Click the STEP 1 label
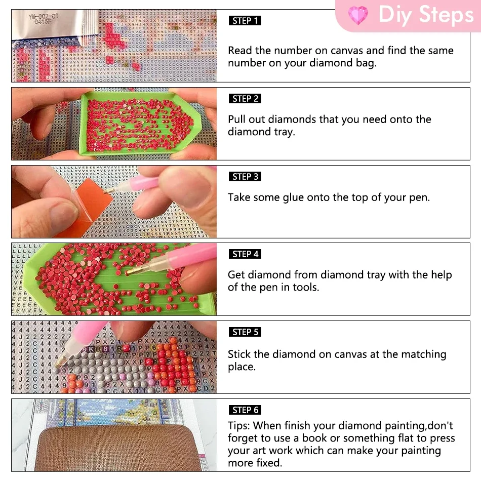pyautogui.click(x=245, y=21)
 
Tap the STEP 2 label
pyautogui.click(x=245, y=98)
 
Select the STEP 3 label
pyautogui.click(x=245, y=176)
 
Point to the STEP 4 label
pyautogui.click(x=245, y=254)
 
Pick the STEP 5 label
pyautogui.click(x=245, y=332)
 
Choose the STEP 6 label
pyautogui.click(x=245, y=410)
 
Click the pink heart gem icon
pyautogui.click(x=357, y=15)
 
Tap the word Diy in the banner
pyautogui.click(x=395, y=15)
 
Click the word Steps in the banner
pyautogui.click(x=447, y=14)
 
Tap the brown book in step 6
pyautogui.click(x=118, y=449)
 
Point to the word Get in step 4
pyautogui.click(x=236, y=275)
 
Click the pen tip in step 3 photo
pyautogui.click(x=106, y=192)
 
